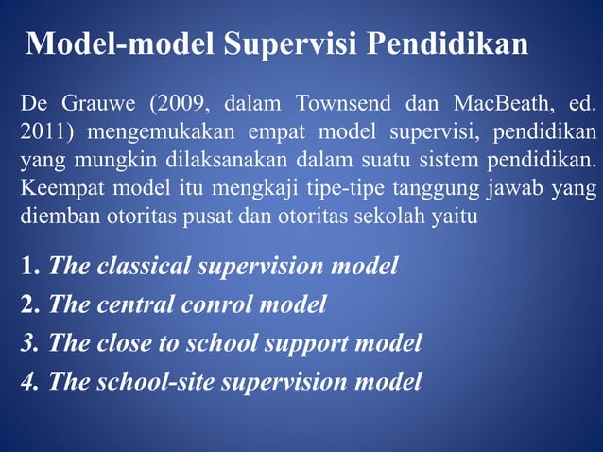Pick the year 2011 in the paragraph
[x=42, y=130]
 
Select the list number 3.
[x=29, y=342]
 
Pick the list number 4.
[x=29, y=381]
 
